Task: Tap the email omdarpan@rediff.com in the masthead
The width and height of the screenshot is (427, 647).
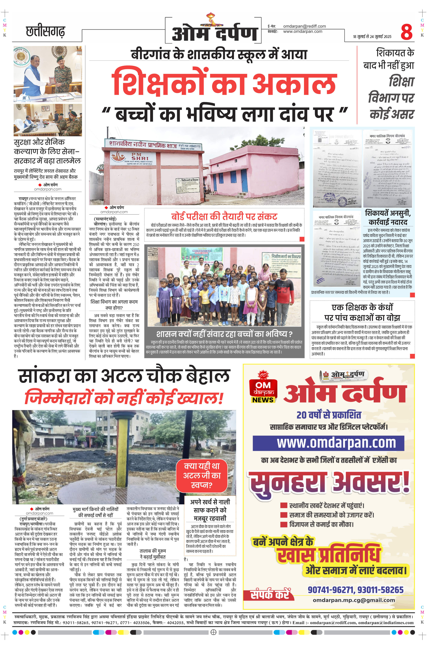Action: coord(304,26)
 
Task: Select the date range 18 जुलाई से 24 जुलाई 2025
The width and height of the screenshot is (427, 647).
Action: coord(372,37)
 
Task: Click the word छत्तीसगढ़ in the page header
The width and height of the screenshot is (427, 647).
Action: coord(46,31)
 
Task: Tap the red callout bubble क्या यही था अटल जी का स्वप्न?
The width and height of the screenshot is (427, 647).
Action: coord(202,475)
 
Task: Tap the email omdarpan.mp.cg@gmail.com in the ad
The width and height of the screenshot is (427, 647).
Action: coord(354,600)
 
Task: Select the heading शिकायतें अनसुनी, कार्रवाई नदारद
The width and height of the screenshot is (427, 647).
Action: coord(388,217)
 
